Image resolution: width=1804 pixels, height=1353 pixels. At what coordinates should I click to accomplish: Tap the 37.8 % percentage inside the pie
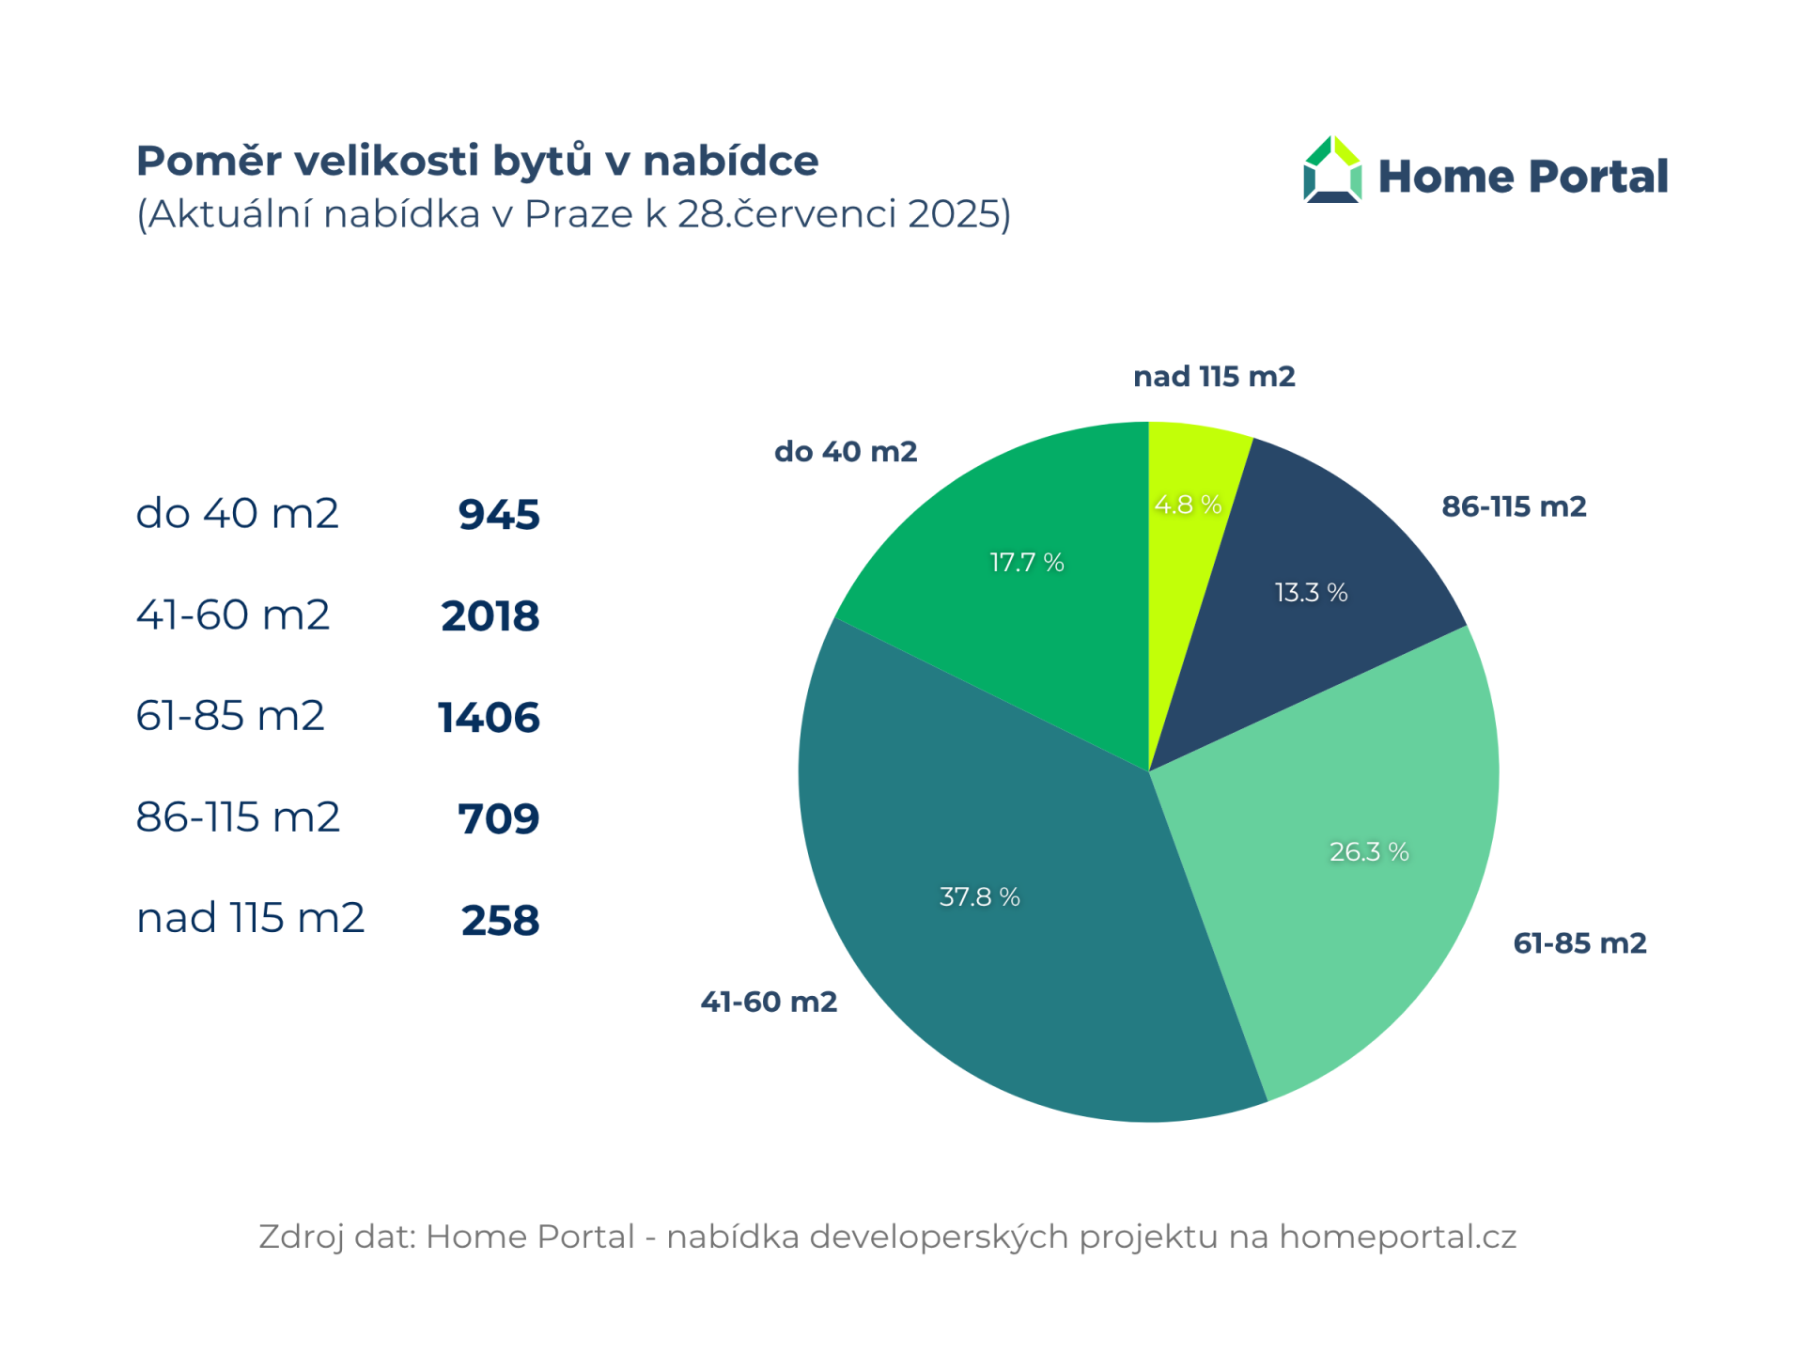click(979, 896)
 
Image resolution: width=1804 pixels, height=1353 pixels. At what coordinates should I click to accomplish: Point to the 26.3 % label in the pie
click(1368, 851)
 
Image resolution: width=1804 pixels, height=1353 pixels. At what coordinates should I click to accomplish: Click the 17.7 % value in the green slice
click(1026, 562)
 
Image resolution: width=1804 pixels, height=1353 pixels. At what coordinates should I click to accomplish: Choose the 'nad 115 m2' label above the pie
click(1214, 377)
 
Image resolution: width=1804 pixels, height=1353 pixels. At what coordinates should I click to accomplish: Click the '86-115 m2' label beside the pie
click(1514, 506)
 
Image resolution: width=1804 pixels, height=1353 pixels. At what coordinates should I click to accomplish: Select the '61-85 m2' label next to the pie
click(1579, 943)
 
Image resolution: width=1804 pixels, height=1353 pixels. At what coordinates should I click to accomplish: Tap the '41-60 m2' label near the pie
click(769, 1002)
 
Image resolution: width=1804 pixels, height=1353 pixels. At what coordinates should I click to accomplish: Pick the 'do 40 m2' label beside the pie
click(846, 452)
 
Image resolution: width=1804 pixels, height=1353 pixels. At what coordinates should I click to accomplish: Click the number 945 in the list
click(499, 515)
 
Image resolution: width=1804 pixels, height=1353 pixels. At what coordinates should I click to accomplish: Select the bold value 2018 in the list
click(490, 616)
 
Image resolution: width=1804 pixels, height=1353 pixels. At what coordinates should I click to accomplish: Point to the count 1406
click(489, 718)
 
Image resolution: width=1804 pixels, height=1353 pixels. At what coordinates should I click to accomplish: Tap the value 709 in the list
click(499, 818)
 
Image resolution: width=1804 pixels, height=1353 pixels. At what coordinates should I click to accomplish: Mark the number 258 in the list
click(500, 920)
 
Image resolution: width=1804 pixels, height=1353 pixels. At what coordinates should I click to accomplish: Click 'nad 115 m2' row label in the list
click(250, 918)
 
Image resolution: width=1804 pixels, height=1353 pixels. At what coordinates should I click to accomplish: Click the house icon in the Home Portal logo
click(1331, 170)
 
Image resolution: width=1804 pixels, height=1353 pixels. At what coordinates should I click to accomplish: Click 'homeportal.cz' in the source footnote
click(1397, 1236)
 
